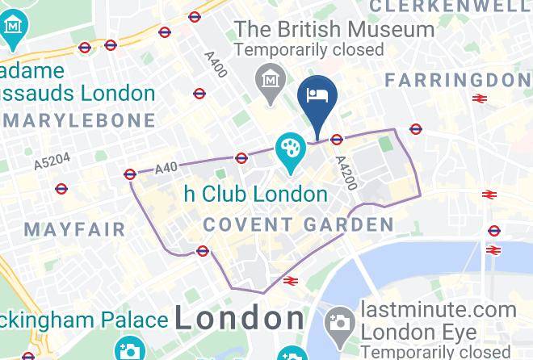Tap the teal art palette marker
[x=288, y=149]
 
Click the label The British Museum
[x=334, y=30]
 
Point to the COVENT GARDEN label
[x=298, y=224]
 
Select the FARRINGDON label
[x=458, y=80]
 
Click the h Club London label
[x=255, y=194]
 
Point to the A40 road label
[x=166, y=168]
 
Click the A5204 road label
[x=52, y=161]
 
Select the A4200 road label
[x=344, y=171]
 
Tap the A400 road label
[x=216, y=61]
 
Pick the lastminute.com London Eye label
[x=439, y=320]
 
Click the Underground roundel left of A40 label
[x=130, y=174]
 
